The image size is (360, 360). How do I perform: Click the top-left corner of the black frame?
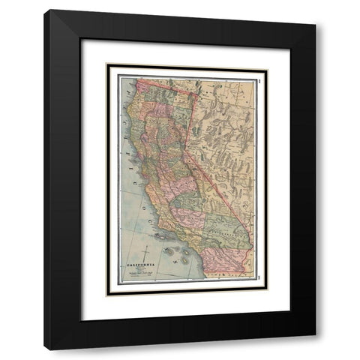coord(44,10)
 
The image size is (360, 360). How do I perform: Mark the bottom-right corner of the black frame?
coord(316,349)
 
